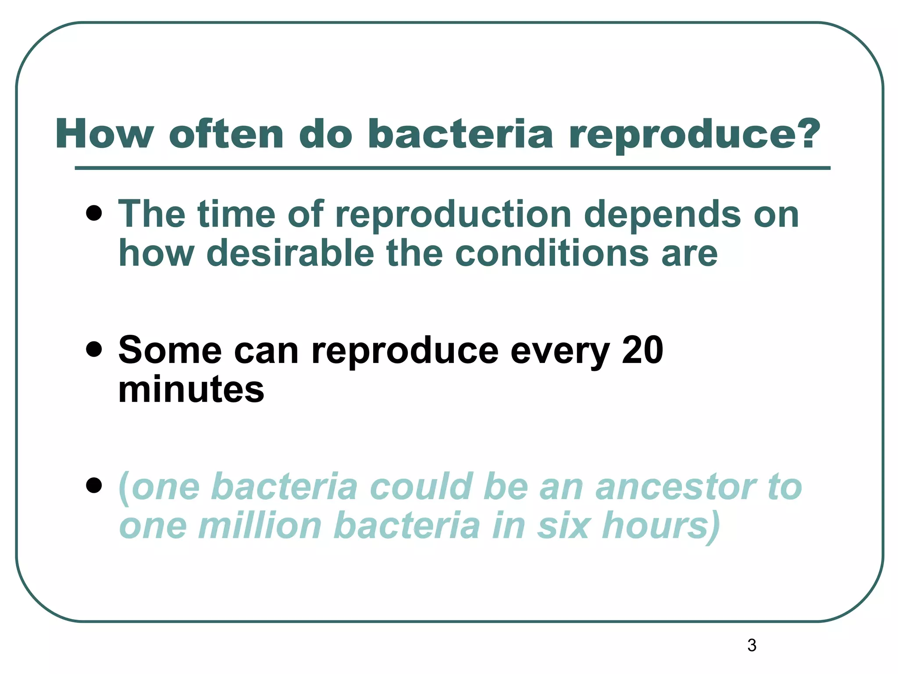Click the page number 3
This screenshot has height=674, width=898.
(x=752, y=645)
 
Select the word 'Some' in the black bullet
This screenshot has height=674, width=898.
(x=170, y=350)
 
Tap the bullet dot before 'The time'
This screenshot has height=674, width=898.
(x=94, y=214)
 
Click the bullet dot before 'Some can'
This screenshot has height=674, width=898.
(x=94, y=350)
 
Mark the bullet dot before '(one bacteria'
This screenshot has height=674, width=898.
(x=94, y=486)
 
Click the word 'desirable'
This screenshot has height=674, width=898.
(x=290, y=253)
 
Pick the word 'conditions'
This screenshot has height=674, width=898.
(x=552, y=253)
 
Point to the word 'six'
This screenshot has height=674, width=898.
(x=563, y=526)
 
